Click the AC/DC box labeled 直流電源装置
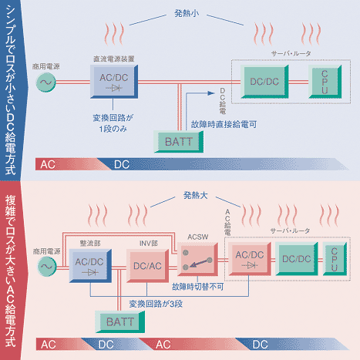(114, 82)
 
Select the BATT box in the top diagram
(179, 142)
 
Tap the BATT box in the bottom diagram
(120, 321)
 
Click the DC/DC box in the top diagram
(264, 82)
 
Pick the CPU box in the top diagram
(325, 82)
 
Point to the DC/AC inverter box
(147, 266)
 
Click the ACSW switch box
(197, 259)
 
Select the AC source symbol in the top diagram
(46, 82)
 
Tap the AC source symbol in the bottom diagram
(47, 267)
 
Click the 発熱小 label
(187, 13)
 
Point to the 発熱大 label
(196, 196)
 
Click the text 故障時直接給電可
(224, 125)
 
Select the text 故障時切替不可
(198, 287)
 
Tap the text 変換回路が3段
(156, 304)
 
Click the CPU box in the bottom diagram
(335, 259)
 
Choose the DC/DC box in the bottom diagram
(297, 259)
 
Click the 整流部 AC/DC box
(90, 266)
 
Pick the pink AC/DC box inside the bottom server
(250, 259)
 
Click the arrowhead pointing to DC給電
(211, 93)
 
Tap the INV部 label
(149, 244)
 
